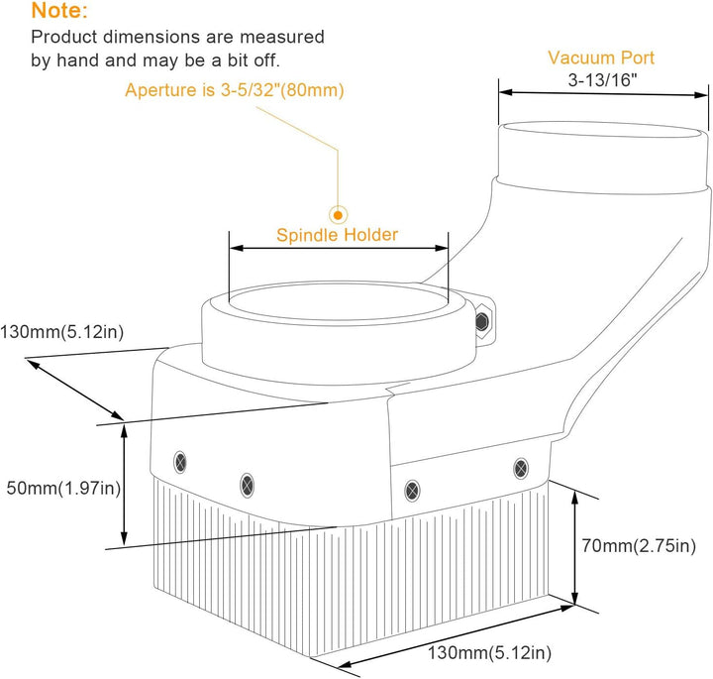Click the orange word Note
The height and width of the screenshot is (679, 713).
(x=58, y=11)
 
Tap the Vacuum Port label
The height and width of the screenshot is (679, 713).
(x=601, y=57)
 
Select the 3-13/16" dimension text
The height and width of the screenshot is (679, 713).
(x=602, y=80)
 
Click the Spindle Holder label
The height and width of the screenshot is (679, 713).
(x=337, y=235)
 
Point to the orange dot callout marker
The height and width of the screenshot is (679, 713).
(x=338, y=215)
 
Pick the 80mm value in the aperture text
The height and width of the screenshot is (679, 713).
(x=312, y=90)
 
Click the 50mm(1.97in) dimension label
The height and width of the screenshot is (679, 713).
(x=63, y=489)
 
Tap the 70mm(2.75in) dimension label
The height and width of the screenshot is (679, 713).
(x=639, y=545)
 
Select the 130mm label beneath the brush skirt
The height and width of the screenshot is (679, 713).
(x=489, y=653)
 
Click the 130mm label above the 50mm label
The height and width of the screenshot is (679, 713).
(x=61, y=332)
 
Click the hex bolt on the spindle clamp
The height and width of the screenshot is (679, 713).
(x=481, y=321)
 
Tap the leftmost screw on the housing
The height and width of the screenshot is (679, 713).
(x=180, y=462)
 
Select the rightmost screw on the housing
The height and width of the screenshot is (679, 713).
(x=521, y=468)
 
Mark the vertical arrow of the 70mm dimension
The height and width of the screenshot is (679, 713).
(x=574, y=548)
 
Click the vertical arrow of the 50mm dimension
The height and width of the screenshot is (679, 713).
(x=124, y=484)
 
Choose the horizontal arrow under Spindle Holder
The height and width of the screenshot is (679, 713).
(x=339, y=248)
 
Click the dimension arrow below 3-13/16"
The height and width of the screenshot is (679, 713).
(x=603, y=93)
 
